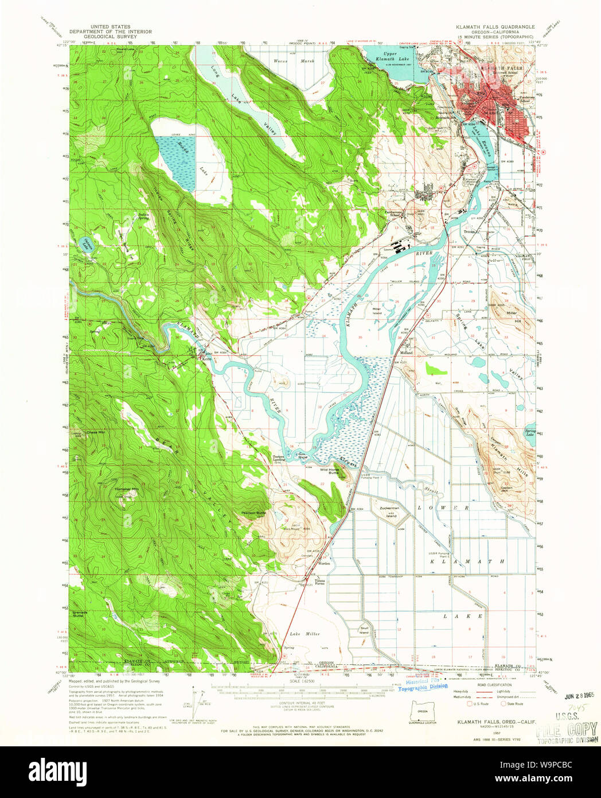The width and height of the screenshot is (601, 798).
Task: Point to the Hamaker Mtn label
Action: [127, 489]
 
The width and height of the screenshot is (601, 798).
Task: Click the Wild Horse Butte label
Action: [331, 471]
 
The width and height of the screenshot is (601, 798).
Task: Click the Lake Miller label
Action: [305, 634]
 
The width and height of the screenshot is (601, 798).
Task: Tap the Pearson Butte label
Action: [253, 512]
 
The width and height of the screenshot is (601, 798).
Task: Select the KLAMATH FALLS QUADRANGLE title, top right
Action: [495, 27]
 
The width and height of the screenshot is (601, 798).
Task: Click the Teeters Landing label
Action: [279, 458]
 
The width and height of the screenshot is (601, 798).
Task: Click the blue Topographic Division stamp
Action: [423, 687]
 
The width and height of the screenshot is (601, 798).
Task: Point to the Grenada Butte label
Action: [80, 614]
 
